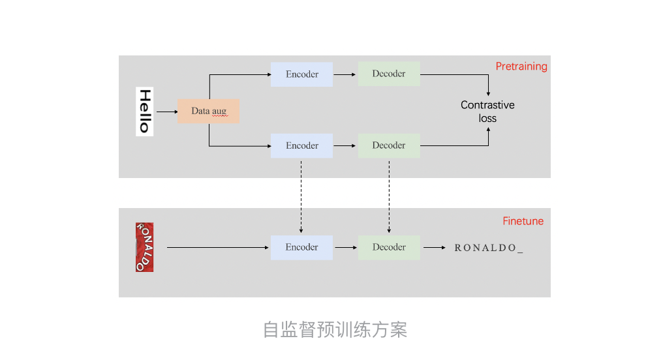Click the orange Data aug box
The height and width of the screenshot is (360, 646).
[x=208, y=111]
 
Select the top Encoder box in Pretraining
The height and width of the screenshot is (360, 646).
[x=301, y=74]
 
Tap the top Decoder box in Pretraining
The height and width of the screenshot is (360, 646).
[x=389, y=74]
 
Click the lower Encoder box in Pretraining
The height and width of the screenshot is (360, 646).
[x=301, y=145]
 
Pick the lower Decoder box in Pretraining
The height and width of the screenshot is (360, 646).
[x=389, y=145]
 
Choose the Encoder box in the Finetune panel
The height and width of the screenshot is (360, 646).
[x=301, y=247]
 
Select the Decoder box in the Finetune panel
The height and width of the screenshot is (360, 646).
[x=389, y=247]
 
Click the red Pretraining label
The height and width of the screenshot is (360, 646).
[x=521, y=67]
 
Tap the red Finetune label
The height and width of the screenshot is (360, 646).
[x=523, y=221]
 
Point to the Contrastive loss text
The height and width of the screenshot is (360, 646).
[x=487, y=112]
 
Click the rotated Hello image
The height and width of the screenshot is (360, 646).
[x=144, y=111]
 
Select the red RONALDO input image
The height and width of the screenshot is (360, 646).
[x=144, y=247]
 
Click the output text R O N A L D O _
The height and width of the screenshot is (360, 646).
[x=489, y=248]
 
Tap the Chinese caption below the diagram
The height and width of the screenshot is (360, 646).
[x=335, y=330]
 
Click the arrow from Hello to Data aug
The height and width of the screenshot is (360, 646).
[x=166, y=112]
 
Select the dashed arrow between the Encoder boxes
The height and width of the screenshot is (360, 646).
[x=301, y=195]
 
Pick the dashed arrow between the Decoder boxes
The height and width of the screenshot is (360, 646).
[x=389, y=195]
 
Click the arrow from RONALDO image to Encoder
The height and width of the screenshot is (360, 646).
[x=219, y=247]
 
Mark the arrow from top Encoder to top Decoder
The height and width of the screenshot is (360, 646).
[x=345, y=74]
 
